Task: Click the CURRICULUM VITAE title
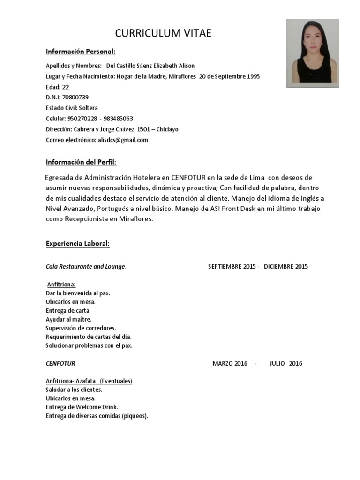point(164,33)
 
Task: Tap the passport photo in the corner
point(313,53)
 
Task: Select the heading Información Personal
point(80,51)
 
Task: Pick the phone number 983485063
point(118,119)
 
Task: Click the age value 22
point(66,87)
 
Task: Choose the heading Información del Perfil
point(81,162)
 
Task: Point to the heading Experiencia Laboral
point(78,244)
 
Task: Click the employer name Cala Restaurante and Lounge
point(86,267)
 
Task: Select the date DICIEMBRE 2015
point(286,267)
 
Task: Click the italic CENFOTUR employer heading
point(60,363)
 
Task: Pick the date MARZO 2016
point(230,363)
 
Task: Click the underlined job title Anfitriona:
point(61,285)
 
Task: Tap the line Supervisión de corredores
point(81,328)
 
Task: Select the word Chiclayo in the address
point(167,129)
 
